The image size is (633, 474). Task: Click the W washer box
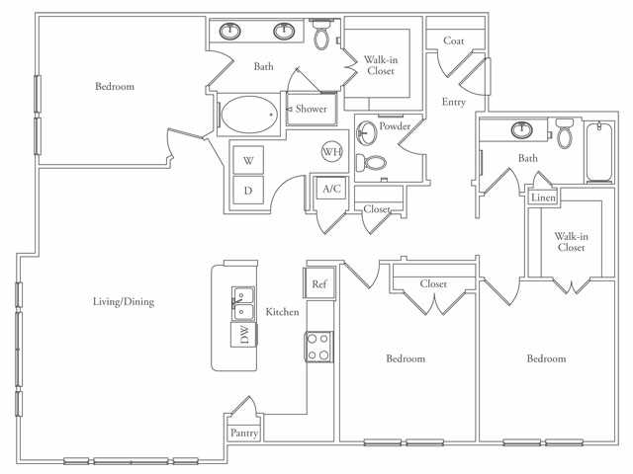click(x=248, y=160)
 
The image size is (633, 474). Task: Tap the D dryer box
click(x=248, y=190)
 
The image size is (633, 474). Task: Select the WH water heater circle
click(x=331, y=152)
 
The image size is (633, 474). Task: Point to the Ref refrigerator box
click(x=319, y=283)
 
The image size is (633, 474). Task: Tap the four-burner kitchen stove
click(x=318, y=347)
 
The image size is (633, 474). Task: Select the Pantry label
click(x=243, y=433)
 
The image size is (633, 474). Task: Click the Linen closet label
click(x=543, y=197)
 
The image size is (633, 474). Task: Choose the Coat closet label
click(x=454, y=40)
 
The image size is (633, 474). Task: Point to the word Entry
click(x=454, y=102)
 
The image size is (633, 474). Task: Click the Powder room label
click(x=396, y=125)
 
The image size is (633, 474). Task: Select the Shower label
click(x=312, y=109)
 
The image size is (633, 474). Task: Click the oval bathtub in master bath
click(x=247, y=116)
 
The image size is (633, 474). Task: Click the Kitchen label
click(x=282, y=312)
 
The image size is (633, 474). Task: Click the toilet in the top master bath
click(x=322, y=37)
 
